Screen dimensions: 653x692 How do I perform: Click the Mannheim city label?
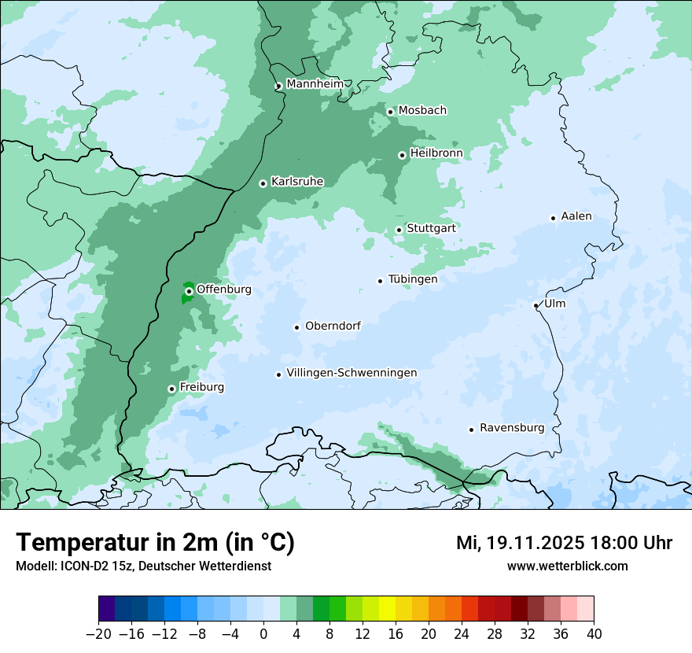314,84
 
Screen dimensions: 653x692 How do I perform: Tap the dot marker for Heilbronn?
402,155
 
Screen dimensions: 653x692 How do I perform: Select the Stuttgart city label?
431,228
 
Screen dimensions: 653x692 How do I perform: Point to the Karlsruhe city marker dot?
263,183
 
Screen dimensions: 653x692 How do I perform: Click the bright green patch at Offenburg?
186,298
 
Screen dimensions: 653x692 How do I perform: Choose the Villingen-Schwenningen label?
352,373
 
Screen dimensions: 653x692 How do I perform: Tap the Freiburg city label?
201,387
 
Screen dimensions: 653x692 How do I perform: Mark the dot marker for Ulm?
536,305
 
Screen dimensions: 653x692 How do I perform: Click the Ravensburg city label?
511,428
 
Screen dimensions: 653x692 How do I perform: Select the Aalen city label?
576,216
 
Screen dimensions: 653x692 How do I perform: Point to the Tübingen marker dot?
380,281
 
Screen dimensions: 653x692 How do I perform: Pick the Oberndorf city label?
333,326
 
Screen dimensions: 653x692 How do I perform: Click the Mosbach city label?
422,111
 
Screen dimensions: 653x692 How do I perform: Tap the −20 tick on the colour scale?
98,634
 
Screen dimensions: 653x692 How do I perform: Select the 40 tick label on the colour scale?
594,634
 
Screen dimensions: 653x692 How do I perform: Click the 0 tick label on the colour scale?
263,634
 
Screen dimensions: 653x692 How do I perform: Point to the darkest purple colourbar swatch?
107,609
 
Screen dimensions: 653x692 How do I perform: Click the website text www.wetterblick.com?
567,566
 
